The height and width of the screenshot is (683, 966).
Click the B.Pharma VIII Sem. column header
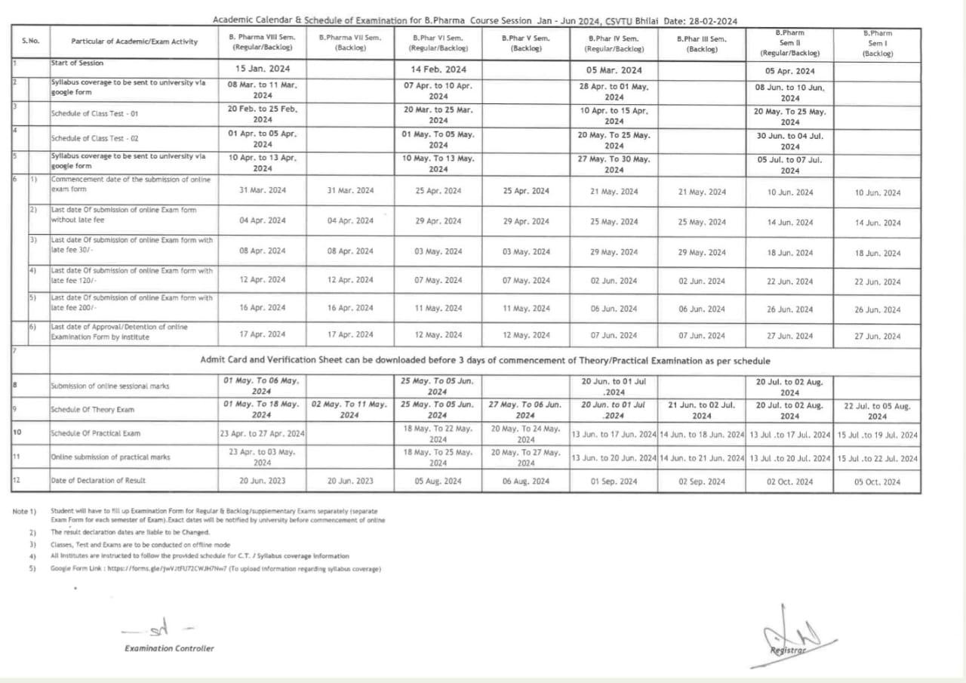point(262,42)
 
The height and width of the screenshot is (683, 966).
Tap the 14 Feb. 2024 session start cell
point(438,69)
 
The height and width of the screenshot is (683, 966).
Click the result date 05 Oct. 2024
point(877,482)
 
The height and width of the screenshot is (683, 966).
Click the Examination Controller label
point(169,648)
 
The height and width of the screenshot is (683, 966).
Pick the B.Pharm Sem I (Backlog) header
point(877,43)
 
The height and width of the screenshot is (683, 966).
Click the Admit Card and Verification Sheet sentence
point(485,361)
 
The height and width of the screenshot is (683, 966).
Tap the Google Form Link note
point(215,568)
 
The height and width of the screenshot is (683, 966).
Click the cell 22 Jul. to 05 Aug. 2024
point(877,411)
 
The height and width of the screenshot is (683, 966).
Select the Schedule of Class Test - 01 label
point(94,114)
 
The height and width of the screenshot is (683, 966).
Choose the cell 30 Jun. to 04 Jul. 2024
point(789,141)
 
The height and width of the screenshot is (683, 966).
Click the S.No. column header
point(30,41)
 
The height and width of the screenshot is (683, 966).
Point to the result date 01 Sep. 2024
point(614,481)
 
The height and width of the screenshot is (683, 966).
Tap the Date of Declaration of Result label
point(98,481)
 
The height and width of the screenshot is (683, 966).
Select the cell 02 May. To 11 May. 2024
point(349,410)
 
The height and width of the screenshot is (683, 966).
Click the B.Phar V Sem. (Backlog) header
point(526,42)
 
